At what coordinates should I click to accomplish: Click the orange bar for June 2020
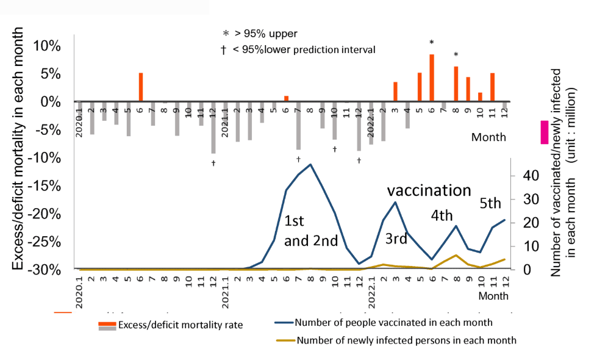[140, 87]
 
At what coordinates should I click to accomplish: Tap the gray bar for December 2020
[213, 128]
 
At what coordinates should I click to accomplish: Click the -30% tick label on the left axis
[44, 269]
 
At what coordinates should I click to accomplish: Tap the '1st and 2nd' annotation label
[310, 230]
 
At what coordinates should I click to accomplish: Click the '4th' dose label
[442, 216]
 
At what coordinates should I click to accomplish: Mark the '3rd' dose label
[396, 239]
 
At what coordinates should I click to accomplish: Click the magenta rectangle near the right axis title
[544, 132]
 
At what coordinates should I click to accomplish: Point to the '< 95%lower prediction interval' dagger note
[298, 49]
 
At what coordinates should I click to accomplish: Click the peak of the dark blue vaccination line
[310, 164]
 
